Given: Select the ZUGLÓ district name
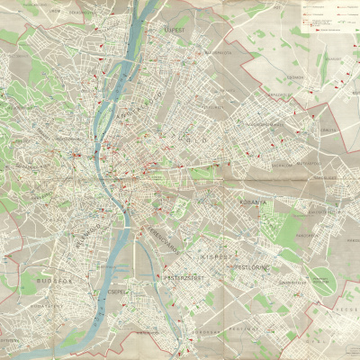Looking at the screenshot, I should coord(196,140).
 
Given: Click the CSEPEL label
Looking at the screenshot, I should coord(119,292).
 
